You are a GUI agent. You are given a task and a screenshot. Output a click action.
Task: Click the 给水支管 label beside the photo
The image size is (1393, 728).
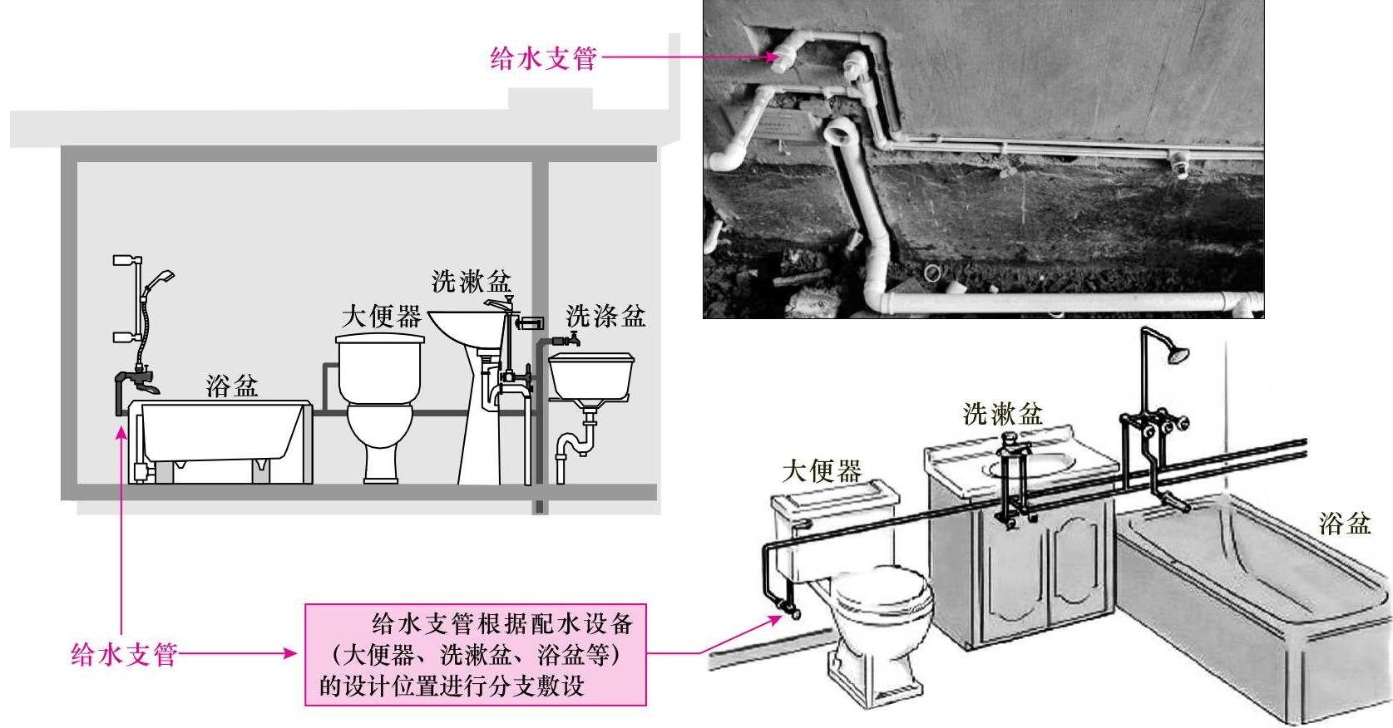[x=543, y=58]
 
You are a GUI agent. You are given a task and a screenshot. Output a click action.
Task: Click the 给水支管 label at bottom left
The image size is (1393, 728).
[x=124, y=654]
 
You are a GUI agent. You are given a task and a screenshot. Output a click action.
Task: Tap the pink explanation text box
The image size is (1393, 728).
[x=475, y=655]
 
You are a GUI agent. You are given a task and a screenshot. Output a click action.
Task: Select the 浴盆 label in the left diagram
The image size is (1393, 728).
[x=232, y=386]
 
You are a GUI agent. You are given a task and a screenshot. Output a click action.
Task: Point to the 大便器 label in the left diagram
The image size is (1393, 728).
[x=382, y=317]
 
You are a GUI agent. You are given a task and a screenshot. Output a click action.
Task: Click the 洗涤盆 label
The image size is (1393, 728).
[x=605, y=316]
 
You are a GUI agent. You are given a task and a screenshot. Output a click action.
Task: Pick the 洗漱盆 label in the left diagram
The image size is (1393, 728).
[x=471, y=282]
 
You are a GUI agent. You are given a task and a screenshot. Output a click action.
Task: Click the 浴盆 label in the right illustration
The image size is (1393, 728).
[x=1344, y=523]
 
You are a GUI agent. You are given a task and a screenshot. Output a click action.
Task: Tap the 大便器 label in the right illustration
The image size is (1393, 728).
[x=822, y=471]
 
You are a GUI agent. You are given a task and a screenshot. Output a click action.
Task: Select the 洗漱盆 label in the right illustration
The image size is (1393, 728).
[x=1002, y=413]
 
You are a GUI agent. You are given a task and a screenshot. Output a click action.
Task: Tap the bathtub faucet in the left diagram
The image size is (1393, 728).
[x=137, y=381]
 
